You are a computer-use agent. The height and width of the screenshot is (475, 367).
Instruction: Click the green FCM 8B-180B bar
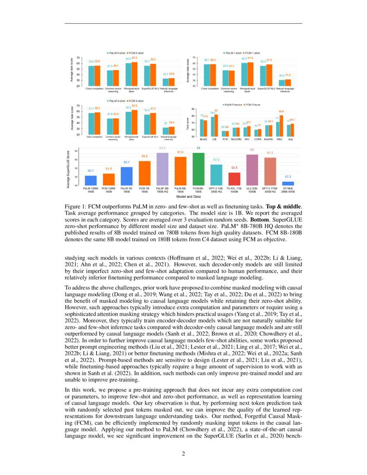coord(198,169)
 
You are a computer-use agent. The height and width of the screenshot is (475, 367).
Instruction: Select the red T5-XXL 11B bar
coord(234,179)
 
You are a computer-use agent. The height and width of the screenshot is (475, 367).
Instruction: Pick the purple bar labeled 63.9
coord(162,169)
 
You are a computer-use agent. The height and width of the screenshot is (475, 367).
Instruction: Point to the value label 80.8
coord(282,112)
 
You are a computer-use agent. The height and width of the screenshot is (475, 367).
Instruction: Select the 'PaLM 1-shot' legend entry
coord(232,53)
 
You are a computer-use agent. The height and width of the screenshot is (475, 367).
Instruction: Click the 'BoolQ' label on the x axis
coord(203,139)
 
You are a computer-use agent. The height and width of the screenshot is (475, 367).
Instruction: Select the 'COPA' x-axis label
coord(258,139)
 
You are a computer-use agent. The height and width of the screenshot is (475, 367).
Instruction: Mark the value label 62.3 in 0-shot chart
coord(135,58)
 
